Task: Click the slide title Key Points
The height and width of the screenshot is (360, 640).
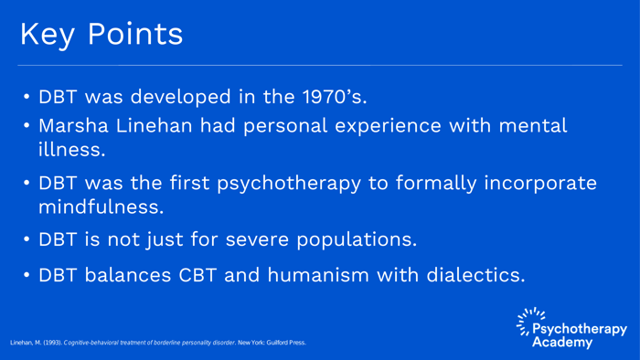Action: pyautogui.click(x=101, y=34)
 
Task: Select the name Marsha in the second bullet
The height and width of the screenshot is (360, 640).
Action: pyautogui.click(x=80, y=126)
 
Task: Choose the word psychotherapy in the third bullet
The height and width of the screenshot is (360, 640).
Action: pyautogui.click(x=284, y=184)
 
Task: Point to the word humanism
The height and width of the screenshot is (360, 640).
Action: pyautogui.click(x=312, y=274)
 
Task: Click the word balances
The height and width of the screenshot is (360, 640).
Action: pyautogui.click(x=125, y=274)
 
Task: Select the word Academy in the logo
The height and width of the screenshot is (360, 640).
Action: pyautogui.click(x=563, y=343)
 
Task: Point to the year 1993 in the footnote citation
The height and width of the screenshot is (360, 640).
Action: pyautogui.click(x=50, y=343)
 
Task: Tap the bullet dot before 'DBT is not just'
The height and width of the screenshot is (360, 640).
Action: pyautogui.click(x=27, y=241)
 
